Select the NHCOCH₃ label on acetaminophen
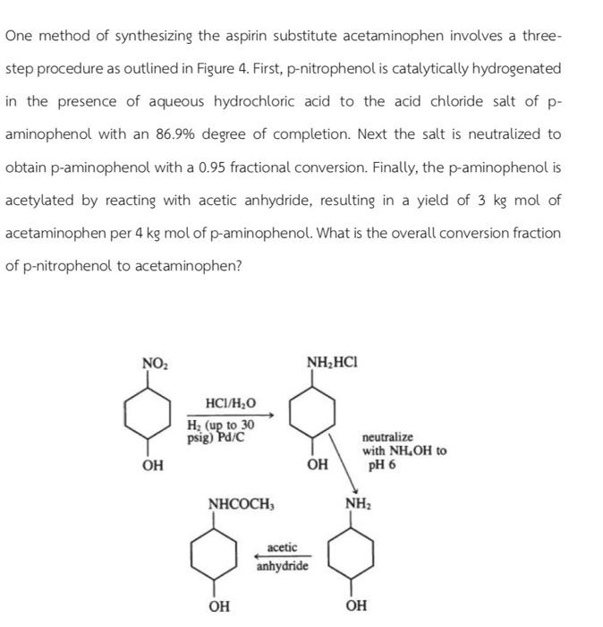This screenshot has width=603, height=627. point(240,503)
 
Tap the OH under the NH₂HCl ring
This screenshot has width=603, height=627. point(316,465)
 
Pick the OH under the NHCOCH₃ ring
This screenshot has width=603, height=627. point(219,606)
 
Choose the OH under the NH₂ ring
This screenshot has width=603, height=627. point(356,606)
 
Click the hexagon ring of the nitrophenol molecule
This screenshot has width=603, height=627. point(152,413)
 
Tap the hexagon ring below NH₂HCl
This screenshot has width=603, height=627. point(315,413)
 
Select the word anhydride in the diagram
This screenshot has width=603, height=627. point(282,567)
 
